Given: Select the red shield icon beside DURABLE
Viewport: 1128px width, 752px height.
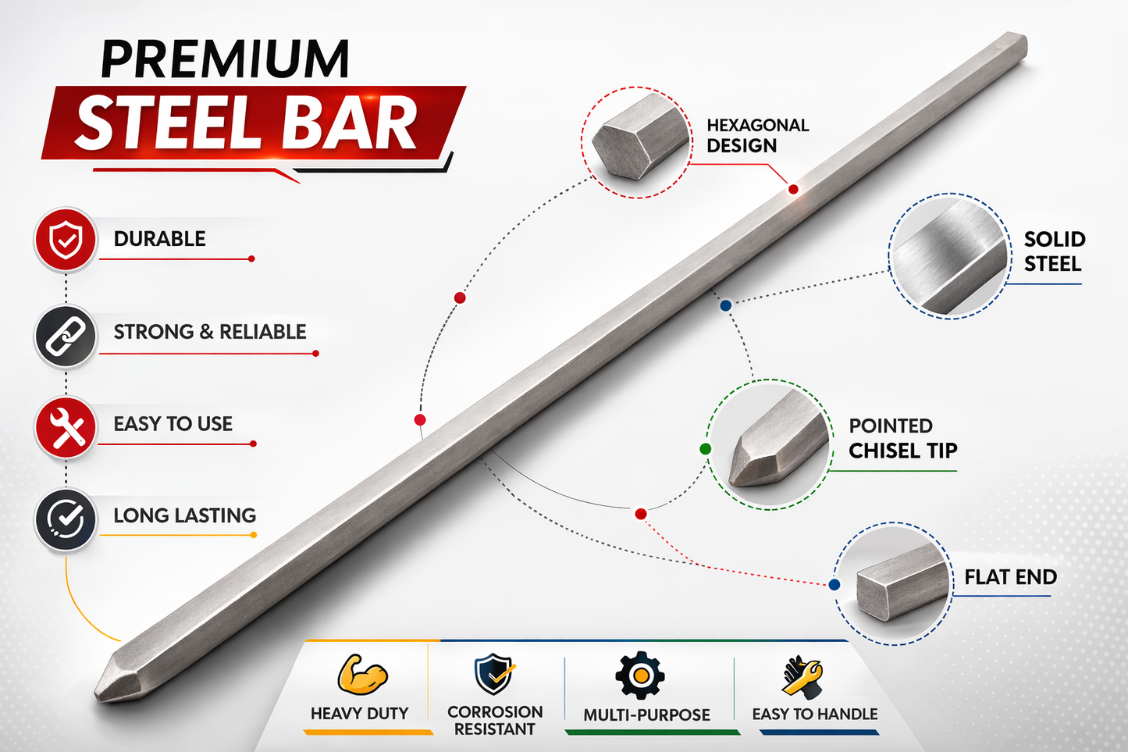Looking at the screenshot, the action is [66, 240].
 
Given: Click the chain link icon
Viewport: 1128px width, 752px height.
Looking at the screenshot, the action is [66, 336].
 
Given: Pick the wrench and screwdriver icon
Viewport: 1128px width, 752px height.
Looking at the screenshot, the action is [66, 427].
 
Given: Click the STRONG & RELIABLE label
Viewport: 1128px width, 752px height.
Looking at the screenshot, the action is [209, 332].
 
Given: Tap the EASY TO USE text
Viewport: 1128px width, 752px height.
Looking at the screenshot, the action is [173, 424].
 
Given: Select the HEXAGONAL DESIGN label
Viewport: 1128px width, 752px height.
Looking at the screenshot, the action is [757, 136].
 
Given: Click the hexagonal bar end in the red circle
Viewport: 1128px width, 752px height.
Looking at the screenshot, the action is [639, 137].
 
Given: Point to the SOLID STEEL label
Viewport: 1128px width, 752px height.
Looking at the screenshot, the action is [1054, 251].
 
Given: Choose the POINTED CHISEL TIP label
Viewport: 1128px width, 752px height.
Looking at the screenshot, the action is [903, 438].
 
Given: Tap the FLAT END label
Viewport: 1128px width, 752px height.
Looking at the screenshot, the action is [1010, 577].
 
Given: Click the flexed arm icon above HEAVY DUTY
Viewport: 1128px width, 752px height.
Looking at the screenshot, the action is [361, 675].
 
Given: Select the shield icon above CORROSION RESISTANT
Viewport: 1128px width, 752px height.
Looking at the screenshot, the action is [494, 674].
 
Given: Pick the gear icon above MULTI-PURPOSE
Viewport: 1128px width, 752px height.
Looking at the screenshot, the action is [639, 675].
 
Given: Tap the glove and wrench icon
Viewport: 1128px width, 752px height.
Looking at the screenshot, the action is [802, 676].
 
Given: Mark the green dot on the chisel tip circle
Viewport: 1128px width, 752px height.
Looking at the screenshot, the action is [706, 449].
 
